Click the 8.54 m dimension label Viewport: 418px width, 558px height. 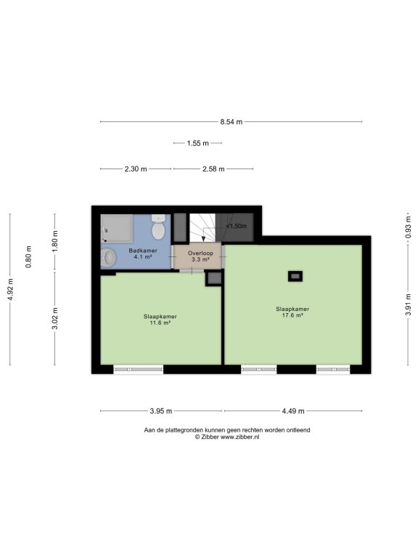click(231, 122)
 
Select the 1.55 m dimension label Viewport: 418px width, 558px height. click(197, 143)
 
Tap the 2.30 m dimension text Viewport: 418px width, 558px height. click(136, 169)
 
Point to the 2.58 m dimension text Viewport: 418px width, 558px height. click(213, 169)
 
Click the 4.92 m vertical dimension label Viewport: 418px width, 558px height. click(10, 289)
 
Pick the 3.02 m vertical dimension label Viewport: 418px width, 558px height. click(55, 318)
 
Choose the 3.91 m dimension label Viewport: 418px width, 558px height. click(409, 304)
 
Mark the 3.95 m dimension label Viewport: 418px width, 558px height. click(160, 411)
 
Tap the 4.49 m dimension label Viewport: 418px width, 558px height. click(293, 411)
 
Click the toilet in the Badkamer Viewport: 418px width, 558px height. click(157, 227)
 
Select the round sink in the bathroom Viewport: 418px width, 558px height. click(108, 258)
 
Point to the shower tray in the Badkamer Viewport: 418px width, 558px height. click(117, 228)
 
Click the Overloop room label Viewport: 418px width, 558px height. click(200, 254)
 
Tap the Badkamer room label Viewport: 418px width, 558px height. click(143, 251)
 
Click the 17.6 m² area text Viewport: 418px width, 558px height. click(292, 315)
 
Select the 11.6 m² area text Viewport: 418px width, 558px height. click(160, 323)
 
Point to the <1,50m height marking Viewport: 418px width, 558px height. click(236, 226)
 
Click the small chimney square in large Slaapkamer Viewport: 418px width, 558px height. click(295, 276)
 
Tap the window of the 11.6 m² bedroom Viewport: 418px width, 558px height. click(139, 369)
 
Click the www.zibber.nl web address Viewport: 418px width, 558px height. click(240, 437)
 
